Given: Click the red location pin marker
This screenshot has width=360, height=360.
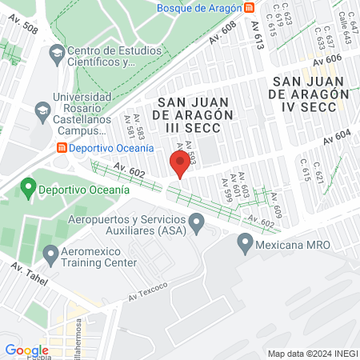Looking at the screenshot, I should coord(180,164).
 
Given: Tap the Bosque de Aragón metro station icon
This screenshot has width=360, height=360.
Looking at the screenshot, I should coord(250,7).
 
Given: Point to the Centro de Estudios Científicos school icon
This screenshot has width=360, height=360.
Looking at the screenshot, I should coord(57,55).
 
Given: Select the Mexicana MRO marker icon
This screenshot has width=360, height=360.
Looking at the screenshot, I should coord(246,242).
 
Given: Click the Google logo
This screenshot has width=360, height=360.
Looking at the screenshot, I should coord(26,350).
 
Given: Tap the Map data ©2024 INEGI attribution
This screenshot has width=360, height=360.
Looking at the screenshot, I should coord(312,354).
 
